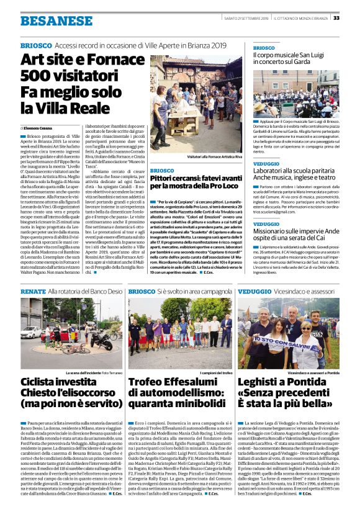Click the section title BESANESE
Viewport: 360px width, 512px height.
click(x=47, y=20)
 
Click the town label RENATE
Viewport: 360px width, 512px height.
click(x=33, y=291)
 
